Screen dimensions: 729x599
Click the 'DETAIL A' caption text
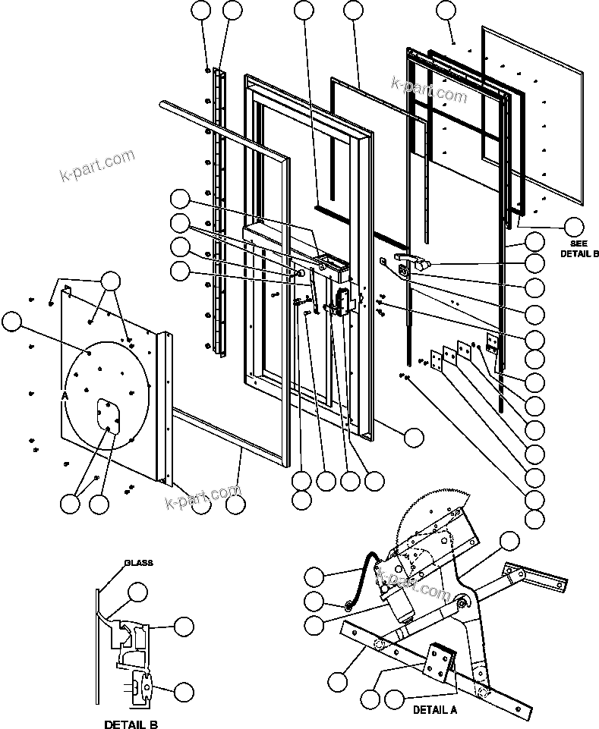(x=436, y=711)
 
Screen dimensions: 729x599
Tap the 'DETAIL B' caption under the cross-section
(x=131, y=724)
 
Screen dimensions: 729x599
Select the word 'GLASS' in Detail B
(x=139, y=563)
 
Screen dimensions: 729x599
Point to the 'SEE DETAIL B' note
(x=579, y=248)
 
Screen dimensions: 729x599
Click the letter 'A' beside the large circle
(x=66, y=396)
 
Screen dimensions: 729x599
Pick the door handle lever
(x=413, y=263)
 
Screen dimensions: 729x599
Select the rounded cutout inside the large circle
(x=109, y=416)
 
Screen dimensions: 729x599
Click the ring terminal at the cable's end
(x=347, y=605)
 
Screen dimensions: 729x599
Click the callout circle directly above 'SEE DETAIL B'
(x=574, y=225)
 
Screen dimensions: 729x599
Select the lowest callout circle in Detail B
(x=184, y=691)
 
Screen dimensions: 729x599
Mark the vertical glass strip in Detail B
(x=99, y=645)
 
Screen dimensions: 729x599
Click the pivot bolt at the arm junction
(x=462, y=603)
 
